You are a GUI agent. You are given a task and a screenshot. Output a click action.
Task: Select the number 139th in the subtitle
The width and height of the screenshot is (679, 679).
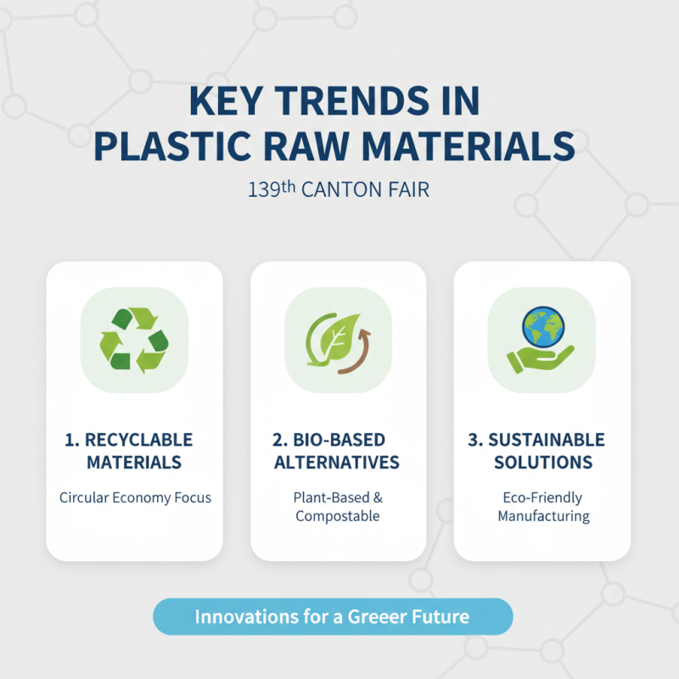pyautogui.click(x=271, y=189)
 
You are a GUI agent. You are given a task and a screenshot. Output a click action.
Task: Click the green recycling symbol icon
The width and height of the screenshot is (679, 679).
pyautogui.click(x=134, y=339)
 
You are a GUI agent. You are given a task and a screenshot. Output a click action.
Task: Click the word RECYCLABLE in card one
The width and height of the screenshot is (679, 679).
pyautogui.click(x=139, y=440)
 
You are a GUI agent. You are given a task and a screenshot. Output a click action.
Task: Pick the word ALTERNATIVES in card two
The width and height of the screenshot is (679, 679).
pyautogui.click(x=337, y=463)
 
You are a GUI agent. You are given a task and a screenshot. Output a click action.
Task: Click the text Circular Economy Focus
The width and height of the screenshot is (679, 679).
pyautogui.click(x=135, y=497)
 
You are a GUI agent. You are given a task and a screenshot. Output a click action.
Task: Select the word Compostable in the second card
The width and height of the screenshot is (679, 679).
pyautogui.click(x=337, y=516)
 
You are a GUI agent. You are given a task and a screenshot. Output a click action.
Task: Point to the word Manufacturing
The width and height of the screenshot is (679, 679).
pyautogui.click(x=543, y=516)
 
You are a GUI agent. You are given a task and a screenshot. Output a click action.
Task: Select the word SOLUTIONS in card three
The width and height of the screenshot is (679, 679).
pyautogui.click(x=543, y=463)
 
